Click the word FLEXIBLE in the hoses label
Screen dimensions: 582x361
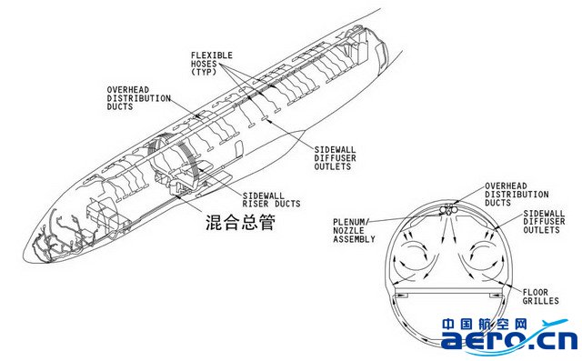coord(212,55)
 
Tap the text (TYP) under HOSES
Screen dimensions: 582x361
coord(204,72)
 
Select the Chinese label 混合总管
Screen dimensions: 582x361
coord(240,222)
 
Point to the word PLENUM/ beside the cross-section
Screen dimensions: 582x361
coord(351,222)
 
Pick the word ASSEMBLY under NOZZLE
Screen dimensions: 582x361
coord(354,239)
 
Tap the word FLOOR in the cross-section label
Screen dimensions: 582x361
coord(536,292)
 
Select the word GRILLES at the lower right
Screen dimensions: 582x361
coord(540,300)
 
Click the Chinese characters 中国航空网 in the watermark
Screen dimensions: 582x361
coord(485,324)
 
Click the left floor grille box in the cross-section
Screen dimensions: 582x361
coord(401,295)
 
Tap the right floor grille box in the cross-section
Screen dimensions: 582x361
coord(496,295)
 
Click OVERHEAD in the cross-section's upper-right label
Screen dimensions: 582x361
coord(506,186)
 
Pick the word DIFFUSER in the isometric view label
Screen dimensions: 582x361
coord(336,158)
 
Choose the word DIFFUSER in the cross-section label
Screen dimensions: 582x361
coord(544,222)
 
